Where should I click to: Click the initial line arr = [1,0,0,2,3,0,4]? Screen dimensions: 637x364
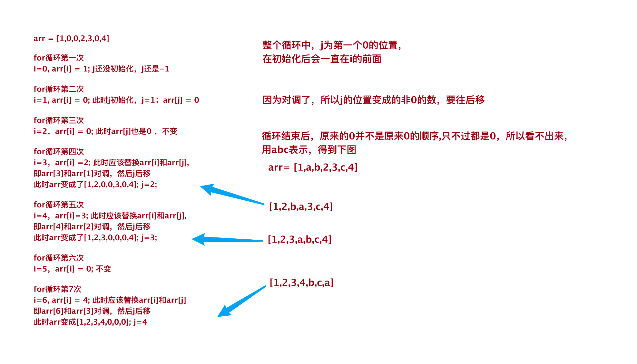coord(71,39)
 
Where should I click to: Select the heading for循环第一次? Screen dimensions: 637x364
coord(59,58)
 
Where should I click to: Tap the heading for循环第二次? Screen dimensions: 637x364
coord(59,89)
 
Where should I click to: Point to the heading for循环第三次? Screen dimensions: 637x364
coord(59,120)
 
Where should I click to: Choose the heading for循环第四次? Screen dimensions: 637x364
coord(59,152)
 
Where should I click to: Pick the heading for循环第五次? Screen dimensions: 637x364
coord(59,205)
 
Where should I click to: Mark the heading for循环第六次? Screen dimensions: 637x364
coord(59,258)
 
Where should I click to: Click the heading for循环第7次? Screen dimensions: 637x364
coord(57,289)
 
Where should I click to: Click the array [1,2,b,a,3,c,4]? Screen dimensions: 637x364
coord(301,206)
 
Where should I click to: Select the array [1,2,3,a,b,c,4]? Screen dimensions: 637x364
coord(299,240)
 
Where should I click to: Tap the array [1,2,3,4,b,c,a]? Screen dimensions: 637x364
coord(301,283)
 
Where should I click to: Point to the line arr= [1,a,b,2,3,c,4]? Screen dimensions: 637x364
coord(313,168)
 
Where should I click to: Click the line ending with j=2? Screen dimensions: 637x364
coord(95,185)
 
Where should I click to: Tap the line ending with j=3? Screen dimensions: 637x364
coord(95,238)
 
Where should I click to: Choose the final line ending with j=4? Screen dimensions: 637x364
coord(90,322)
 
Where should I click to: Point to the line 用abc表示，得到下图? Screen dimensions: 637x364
coord(309,150)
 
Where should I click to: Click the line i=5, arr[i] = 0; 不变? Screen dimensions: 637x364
coord(72,269)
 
